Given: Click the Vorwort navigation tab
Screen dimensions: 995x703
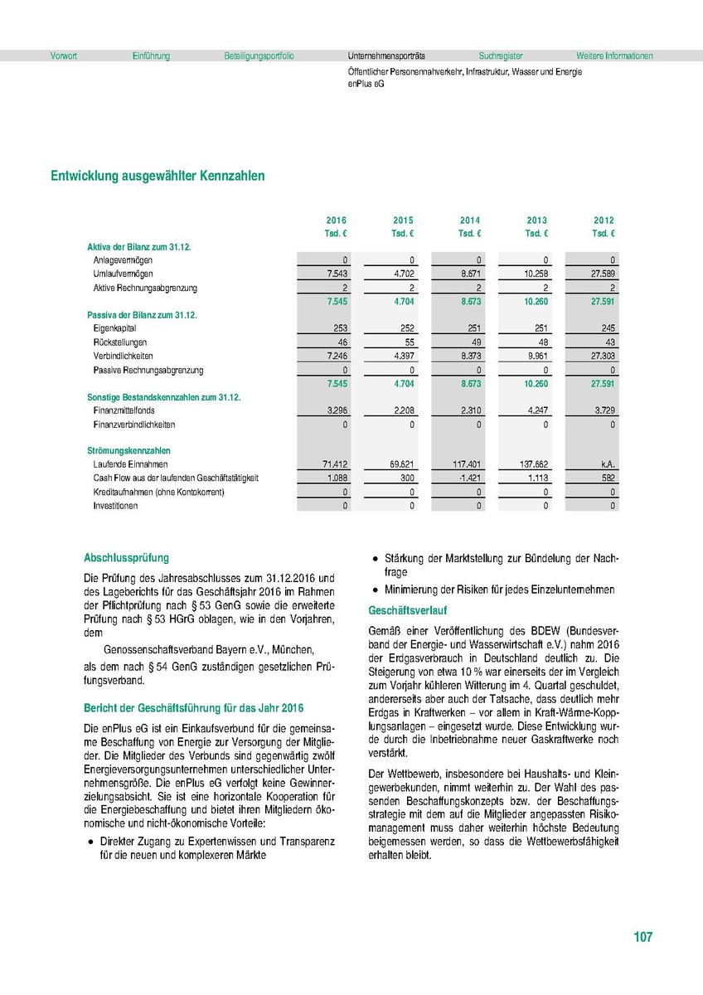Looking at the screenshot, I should tap(64, 56).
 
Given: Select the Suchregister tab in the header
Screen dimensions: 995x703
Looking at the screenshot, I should tap(501, 56).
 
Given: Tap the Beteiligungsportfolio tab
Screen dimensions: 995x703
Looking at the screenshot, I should tap(259, 56).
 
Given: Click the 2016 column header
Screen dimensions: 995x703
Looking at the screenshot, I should tap(336, 221).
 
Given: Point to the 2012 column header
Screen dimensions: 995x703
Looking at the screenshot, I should tap(604, 221).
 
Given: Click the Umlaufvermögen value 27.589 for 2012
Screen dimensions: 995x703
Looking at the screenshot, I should tap(600, 274).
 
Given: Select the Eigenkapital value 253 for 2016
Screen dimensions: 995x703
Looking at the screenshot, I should tap(339, 329).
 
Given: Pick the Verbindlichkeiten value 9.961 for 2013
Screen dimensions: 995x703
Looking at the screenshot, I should tap(535, 357).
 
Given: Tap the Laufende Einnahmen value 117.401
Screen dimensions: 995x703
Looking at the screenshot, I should tap(467, 464).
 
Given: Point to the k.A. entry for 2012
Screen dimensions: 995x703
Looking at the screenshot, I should tap(605, 464).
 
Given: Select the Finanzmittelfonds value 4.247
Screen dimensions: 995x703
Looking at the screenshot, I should tap(535, 410).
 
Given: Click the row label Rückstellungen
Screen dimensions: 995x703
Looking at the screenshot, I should tap(120, 342).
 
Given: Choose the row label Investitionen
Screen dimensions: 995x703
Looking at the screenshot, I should tap(115, 505).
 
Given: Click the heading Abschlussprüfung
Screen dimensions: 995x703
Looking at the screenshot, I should tap(127, 558).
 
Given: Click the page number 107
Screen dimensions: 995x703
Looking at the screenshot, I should tap(642, 937).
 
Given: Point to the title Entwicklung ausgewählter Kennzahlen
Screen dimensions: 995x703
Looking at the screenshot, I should tap(158, 176).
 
